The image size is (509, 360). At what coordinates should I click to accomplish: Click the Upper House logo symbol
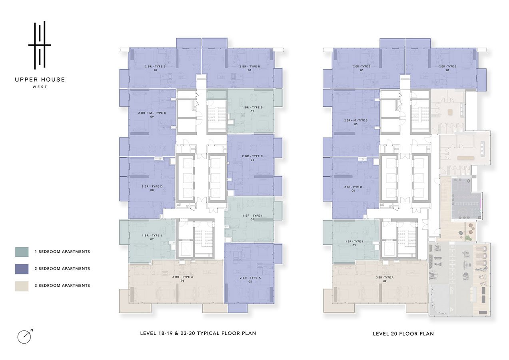click(x=40, y=45)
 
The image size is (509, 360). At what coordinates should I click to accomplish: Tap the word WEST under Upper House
click(x=40, y=87)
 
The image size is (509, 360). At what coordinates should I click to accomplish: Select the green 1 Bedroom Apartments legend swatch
click(x=22, y=252)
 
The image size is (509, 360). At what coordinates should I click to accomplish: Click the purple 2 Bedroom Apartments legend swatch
click(x=22, y=269)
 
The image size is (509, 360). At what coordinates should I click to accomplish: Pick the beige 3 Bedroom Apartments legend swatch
click(x=22, y=286)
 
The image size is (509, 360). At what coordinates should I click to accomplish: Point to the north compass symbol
click(x=24, y=336)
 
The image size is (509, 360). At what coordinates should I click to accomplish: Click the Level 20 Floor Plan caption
click(x=403, y=334)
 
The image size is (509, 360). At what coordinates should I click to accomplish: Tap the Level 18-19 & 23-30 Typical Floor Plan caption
click(x=198, y=333)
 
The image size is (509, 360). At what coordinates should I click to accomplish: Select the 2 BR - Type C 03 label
click(x=252, y=158)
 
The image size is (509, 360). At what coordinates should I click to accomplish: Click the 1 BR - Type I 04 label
click(x=252, y=218)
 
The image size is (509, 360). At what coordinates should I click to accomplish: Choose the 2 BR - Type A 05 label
click(x=250, y=280)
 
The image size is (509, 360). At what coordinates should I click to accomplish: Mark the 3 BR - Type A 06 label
click(x=182, y=279)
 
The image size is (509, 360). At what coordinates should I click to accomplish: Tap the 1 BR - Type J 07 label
click(x=152, y=237)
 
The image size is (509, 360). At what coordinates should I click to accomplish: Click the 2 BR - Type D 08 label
click(x=152, y=188)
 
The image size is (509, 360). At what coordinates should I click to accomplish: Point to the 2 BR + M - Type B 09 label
click(x=152, y=114)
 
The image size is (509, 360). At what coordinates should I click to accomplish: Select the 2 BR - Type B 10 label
click(x=155, y=68)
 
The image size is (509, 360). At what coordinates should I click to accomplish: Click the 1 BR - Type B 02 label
click(x=252, y=109)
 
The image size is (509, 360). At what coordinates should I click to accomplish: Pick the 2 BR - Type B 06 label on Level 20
click(x=361, y=68)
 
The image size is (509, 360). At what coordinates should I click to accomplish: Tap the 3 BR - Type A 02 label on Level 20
click(x=385, y=279)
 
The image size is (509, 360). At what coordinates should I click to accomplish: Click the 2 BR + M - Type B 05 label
click(x=355, y=122)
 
